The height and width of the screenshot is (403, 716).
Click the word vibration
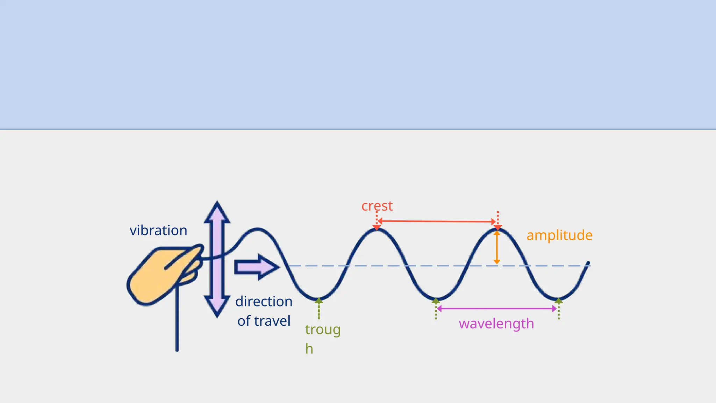click(158, 231)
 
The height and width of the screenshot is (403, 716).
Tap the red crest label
click(377, 206)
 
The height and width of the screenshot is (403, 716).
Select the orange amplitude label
click(559, 235)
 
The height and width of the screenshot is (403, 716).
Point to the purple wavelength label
click(496, 324)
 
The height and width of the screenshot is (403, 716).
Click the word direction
click(264, 302)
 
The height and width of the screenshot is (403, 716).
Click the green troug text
click(322, 330)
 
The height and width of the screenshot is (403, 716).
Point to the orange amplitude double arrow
click(497, 247)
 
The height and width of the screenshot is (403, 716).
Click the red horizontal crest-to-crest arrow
click(437, 221)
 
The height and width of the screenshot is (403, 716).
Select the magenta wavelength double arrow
click(497, 309)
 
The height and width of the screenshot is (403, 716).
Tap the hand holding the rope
click(161, 275)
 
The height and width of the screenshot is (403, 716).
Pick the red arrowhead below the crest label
click(377, 227)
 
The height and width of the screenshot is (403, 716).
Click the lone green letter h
click(309, 349)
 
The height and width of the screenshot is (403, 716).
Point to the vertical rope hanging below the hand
click(177, 322)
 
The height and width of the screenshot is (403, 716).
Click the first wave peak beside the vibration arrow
click(258, 229)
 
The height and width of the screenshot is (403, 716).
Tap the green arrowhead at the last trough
click(559, 301)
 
